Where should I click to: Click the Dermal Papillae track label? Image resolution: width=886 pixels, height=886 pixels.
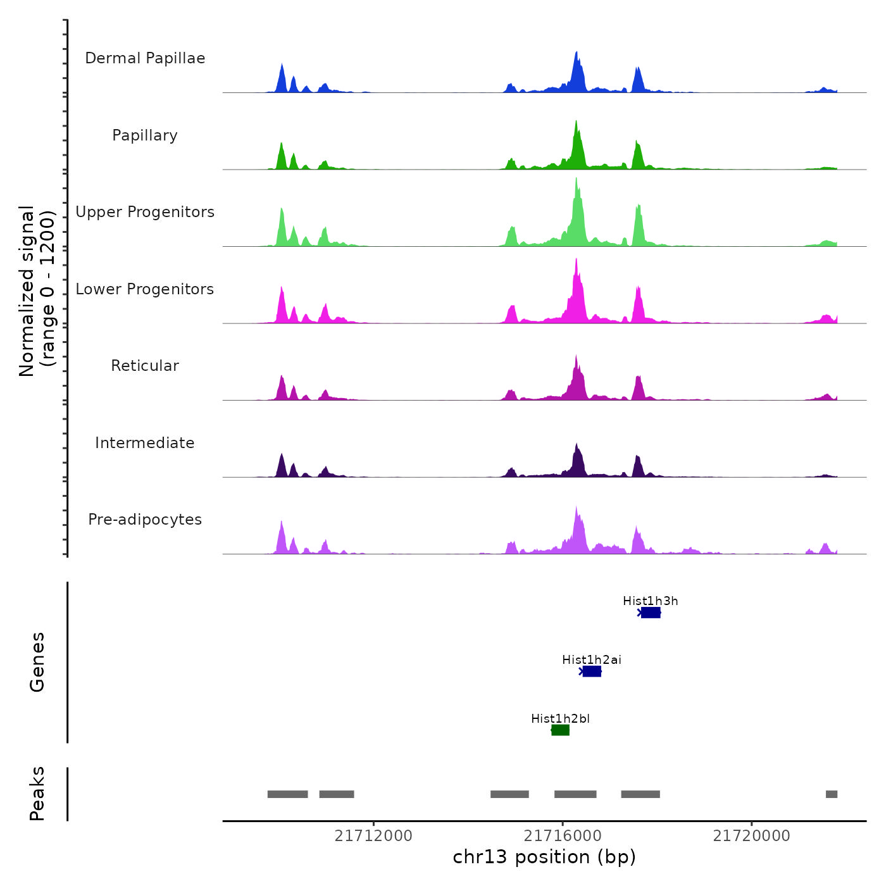(x=145, y=58)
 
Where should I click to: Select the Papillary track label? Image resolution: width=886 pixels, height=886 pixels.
(x=145, y=135)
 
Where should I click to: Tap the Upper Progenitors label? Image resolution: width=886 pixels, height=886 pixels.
(x=145, y=212)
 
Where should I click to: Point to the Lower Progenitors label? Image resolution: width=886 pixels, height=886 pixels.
(x=145, y=289)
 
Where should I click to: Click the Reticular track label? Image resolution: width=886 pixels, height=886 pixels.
(x=145, y=366)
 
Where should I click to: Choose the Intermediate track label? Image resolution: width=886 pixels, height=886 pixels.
(x=145, y=443)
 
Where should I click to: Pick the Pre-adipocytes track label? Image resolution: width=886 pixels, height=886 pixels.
(x=145, y=520)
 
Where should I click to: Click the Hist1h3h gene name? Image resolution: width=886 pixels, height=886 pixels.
(x=650, y=601)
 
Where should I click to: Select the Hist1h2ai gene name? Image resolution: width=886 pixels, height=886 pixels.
(x=592, y=660)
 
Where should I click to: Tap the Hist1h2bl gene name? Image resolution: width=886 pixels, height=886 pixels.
(x=560, y=719)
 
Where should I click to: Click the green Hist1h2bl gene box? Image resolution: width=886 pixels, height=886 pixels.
(x=561, y=730)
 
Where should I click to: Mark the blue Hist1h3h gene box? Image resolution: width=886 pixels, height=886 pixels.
(x=651, y=613)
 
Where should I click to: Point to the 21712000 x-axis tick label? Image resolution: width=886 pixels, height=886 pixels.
(x=373, y=836)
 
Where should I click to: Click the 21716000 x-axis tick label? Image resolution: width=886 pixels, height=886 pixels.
(x=563, y=836)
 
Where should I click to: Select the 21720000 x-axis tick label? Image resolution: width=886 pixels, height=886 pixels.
(x=752, y=836)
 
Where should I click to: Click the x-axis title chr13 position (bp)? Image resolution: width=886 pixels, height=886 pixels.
(x=544, y=857)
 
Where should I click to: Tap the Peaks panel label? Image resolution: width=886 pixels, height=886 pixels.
(x=37, y=794)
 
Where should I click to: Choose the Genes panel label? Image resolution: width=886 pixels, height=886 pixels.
(x=37, y=662)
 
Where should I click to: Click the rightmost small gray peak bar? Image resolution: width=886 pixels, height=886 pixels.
(x=832, y=794)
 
